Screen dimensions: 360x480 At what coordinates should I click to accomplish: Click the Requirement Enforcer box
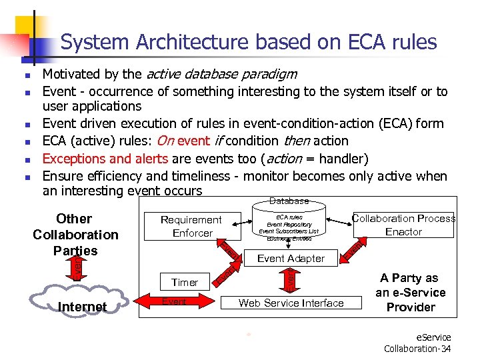tap(192, 226)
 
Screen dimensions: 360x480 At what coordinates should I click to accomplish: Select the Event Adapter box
tap(291, 258)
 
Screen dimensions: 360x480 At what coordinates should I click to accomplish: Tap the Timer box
tap(185, 282)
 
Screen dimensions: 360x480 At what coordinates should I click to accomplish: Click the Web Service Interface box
tap(291, 303)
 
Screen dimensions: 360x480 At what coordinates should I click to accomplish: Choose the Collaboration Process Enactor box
tap(403, 225)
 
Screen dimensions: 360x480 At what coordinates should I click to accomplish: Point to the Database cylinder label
tap(289, 201)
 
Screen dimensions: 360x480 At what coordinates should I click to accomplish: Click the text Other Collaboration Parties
tap(75, 235)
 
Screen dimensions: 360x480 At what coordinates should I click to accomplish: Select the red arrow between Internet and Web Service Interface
tap(175, 303)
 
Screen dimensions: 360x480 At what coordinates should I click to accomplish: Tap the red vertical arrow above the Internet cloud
tap(77, 266)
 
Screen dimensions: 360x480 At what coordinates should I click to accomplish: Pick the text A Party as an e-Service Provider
tap(411, 293)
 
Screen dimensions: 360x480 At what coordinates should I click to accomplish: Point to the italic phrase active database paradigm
tap(221, 73)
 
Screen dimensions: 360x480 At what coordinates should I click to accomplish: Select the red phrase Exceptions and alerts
tap(106, 158)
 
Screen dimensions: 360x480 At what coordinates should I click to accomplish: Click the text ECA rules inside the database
tap(289, 217)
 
